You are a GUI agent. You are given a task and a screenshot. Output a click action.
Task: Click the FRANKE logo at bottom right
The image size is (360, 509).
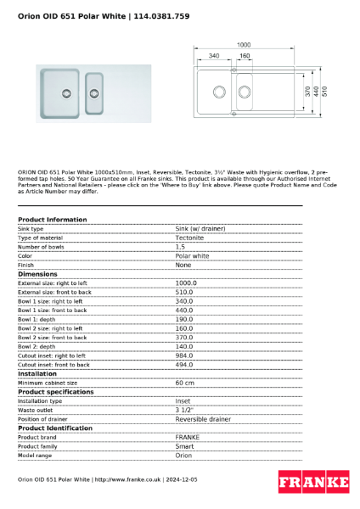[x=313, y=482]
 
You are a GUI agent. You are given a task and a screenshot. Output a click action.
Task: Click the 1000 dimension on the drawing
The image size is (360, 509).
[x=244, y=45]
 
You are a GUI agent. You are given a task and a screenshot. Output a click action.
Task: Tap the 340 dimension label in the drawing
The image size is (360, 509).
[x=213, y=56]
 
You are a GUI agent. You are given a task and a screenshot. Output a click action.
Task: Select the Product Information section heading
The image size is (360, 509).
[x=53, y=220]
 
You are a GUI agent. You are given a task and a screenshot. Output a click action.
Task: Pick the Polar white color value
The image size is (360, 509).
[x=192, y=255]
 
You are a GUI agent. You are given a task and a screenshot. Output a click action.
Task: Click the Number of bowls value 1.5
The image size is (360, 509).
[x=180, y=247]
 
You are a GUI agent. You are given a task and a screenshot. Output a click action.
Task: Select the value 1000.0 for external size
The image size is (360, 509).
[x=186, y=282]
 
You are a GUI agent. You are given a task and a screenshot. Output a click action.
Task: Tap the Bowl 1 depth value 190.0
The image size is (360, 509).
[x=184, y=319]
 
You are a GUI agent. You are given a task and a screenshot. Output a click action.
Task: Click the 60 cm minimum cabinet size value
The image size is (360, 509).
[x=184, y=383]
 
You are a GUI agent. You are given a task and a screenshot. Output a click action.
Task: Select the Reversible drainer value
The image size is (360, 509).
[x=202, y=419]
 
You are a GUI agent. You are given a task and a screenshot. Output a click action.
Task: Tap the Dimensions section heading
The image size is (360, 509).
[x=38, y=274]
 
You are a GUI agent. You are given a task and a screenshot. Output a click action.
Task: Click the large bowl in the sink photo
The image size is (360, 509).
[x=64, y=91]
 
